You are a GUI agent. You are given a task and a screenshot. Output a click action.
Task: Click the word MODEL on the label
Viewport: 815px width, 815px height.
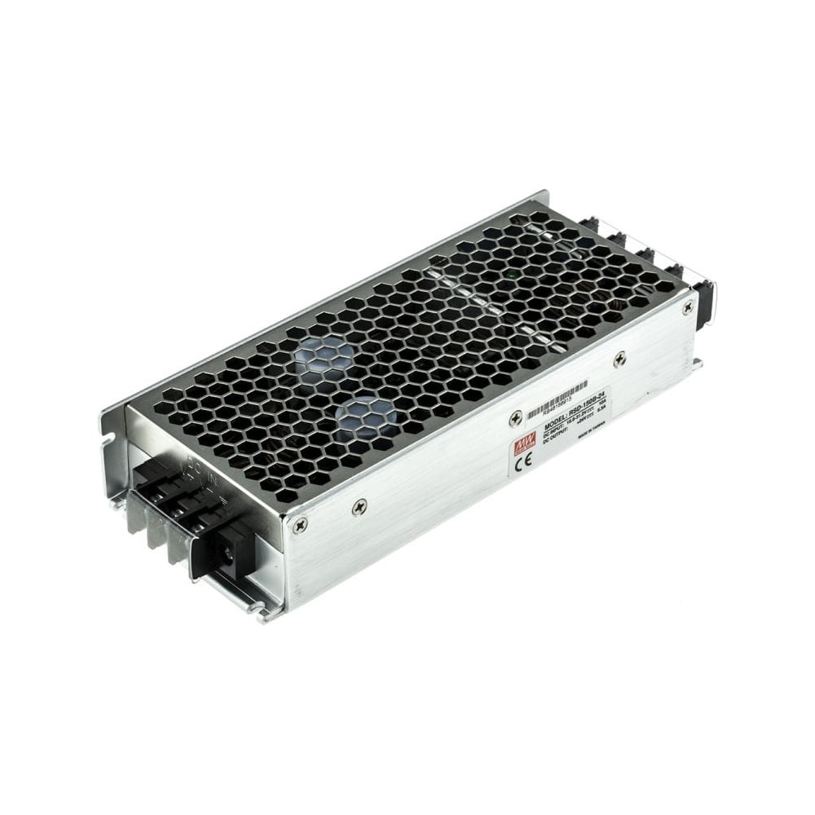point(557,416)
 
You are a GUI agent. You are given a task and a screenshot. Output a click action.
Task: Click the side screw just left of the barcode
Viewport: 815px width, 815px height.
point(514,419)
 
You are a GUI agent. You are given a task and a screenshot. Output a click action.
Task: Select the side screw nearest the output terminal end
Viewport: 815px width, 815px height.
point(689,306)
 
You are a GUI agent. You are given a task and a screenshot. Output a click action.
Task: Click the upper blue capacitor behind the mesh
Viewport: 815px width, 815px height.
point(327,355)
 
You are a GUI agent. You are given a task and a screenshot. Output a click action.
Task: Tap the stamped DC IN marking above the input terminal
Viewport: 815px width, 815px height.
point(193,474)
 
